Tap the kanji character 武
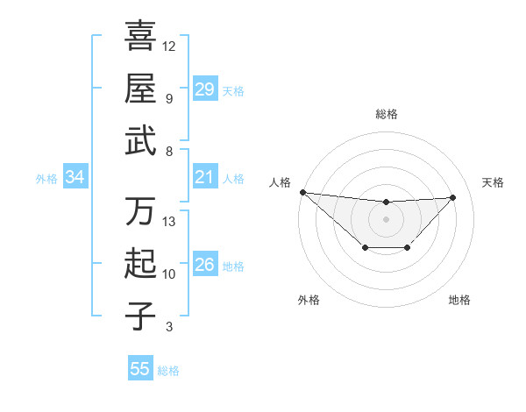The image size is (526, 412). pyautogui.click(x=140, y=140)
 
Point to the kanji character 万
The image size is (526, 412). pyautogui.click(x=140, y=211)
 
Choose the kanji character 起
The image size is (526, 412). pyautogui.click(x=140, y=264)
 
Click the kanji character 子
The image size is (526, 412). pyautogui.click(x=140, y=316)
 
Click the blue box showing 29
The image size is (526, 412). pyautogui.click(x=204, y=89)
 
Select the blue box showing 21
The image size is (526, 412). pyautogui.click(x=204, y=178)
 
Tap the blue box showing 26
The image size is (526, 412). pyautogui.click(x=204, y=265)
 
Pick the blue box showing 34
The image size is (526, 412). pyautogui.click(x=75, y=178)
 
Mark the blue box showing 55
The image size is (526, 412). pyautogui.click(x=140, y=369)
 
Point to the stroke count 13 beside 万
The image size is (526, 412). pyautogui.click(x=169, y=221)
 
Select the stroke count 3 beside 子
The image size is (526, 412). pyautogui.click(x=168, y=327)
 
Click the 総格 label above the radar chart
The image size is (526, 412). pyautogui.click(x=386, y=114)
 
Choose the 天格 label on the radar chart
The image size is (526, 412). pyautogui.click(x=493, y=182)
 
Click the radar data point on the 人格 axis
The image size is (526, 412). pyautogui.click(x=302, y=192)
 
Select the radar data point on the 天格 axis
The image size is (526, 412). pyautogui.click(x=453, y=197)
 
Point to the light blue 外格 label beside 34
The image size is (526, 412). pyautogui.click(x=46, y=179)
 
